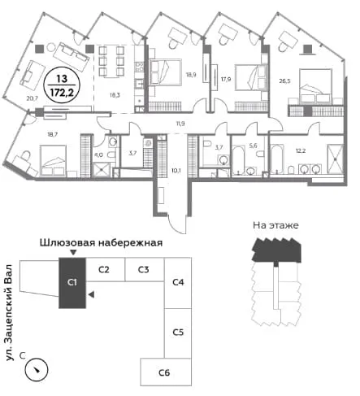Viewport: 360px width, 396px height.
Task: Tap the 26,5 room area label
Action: coord(285,81)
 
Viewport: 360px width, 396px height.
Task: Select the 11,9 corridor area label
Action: coord(180,124)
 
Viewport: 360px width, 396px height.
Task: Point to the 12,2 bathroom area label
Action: coord(301,150)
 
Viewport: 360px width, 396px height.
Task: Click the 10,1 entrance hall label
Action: coord(176,171)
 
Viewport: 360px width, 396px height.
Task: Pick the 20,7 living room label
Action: coord(33,98)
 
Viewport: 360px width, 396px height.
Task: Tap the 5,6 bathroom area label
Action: coord(253,146)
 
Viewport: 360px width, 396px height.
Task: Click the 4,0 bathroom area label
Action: coord(98,155)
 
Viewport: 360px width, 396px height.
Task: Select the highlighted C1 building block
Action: coord(72,283)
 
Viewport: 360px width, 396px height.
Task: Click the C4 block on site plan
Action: coord(178,283)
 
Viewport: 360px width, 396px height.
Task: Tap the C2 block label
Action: coord(104,270)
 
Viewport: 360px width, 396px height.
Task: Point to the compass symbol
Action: coord(37,369)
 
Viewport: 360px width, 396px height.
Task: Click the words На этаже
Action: coord(275,225)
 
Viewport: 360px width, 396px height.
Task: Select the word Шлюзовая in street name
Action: coord(67,242)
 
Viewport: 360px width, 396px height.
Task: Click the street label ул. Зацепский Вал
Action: coord(10,312)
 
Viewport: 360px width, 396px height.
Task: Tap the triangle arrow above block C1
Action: coord(73,253)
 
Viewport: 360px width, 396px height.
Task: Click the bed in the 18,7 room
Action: coord(54,160)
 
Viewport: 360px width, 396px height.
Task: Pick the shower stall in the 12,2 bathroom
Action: coord(336,159)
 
